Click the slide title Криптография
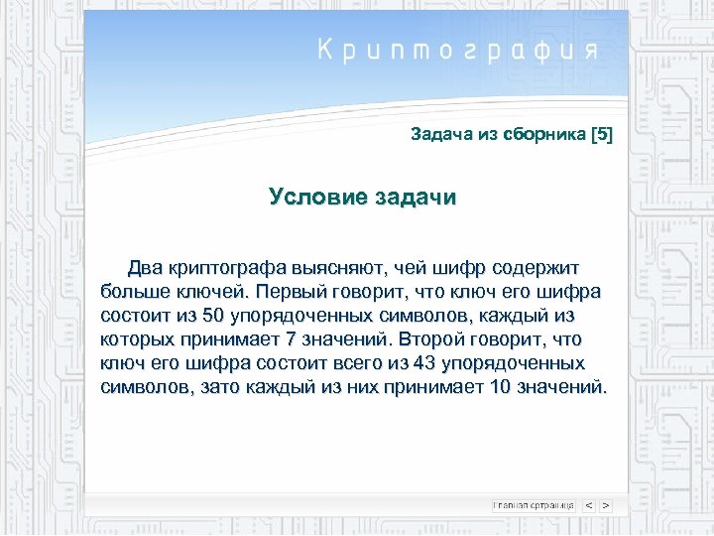coord(458,51)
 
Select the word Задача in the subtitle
coord(436,135)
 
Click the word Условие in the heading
coord(316,197)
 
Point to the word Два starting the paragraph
coord(145,268)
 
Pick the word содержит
coord(537,268)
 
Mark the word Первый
coord(290,292)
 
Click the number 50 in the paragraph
coord(212,316)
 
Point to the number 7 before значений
coord(287,339)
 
